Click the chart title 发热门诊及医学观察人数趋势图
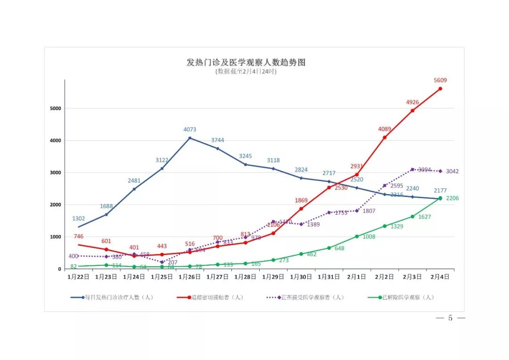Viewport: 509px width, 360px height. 246,62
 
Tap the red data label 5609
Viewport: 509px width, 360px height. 440,80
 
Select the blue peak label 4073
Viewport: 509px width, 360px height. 190,130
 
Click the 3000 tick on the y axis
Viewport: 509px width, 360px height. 56,172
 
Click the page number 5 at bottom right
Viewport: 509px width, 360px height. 450,318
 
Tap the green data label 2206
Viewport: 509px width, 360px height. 452,198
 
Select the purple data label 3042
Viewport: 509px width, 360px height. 452,172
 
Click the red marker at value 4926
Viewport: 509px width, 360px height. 412,111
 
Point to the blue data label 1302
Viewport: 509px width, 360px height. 79,219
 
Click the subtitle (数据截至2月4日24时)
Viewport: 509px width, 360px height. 246,72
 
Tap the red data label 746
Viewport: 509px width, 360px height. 79,237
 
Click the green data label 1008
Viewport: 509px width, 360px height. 369,237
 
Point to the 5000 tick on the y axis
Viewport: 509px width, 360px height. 56,108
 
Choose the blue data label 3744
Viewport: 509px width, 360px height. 218,140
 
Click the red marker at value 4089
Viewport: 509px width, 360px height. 385,138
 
